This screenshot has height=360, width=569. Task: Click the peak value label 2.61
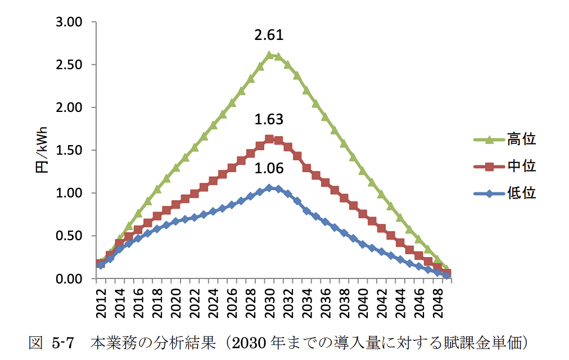[269, 36]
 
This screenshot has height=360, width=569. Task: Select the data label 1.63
[269, 120]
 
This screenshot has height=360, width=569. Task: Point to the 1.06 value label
[269, 169]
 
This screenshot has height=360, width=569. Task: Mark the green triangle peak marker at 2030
[269, 55]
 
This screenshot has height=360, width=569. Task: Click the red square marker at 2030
[269, 139]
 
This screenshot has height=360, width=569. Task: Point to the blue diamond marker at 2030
[269, 188]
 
